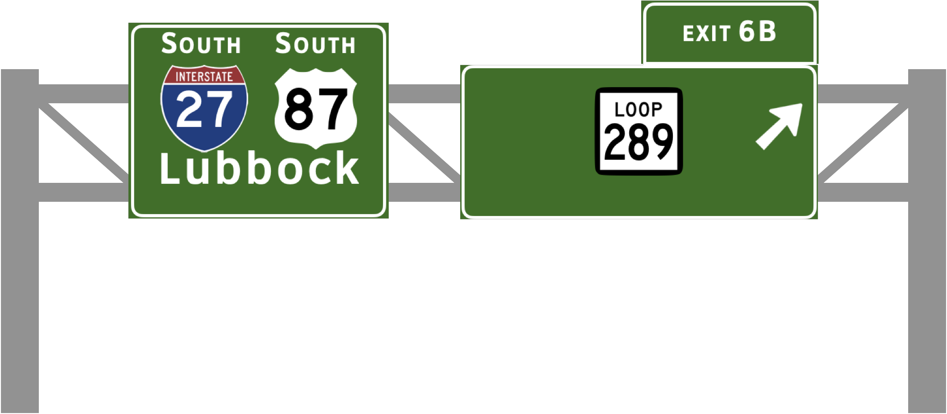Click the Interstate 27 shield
pos(204,108)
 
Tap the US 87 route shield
pos(316,108)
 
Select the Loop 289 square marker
pos(638,131)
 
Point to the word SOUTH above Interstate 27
pos(201,44)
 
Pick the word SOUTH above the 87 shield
pos(315,44)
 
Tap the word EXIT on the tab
pos(706,34)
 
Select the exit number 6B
pos(758,32)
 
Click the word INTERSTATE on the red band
pos(204,77)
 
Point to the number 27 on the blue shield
pos(204,110)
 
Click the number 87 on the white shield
pos(316,110)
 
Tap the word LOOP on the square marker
pos(638,110)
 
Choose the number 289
pos(638,142)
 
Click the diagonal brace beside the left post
pos(83,142)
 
